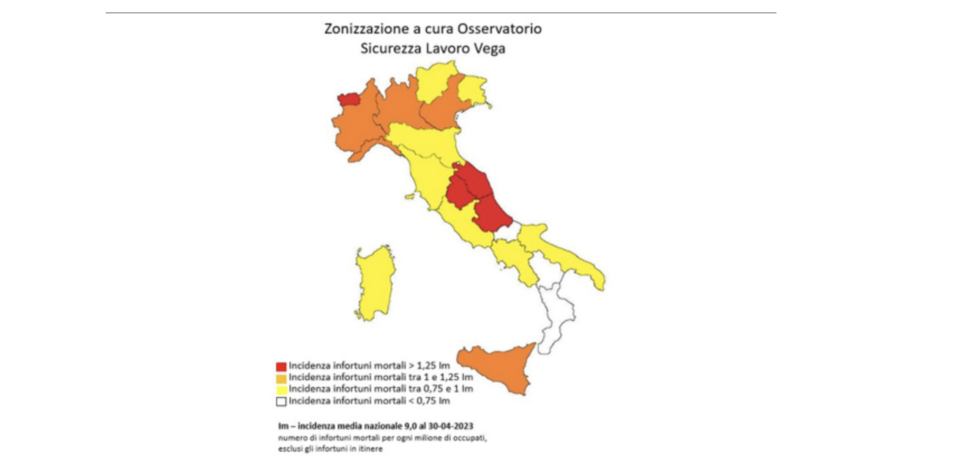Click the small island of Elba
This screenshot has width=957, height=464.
point(410,197)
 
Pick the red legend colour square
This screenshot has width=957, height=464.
point(281,367)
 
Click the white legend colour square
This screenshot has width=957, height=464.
point(281,401)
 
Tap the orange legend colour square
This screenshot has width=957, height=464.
point(281,378)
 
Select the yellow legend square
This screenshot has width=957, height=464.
point(281,390)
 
